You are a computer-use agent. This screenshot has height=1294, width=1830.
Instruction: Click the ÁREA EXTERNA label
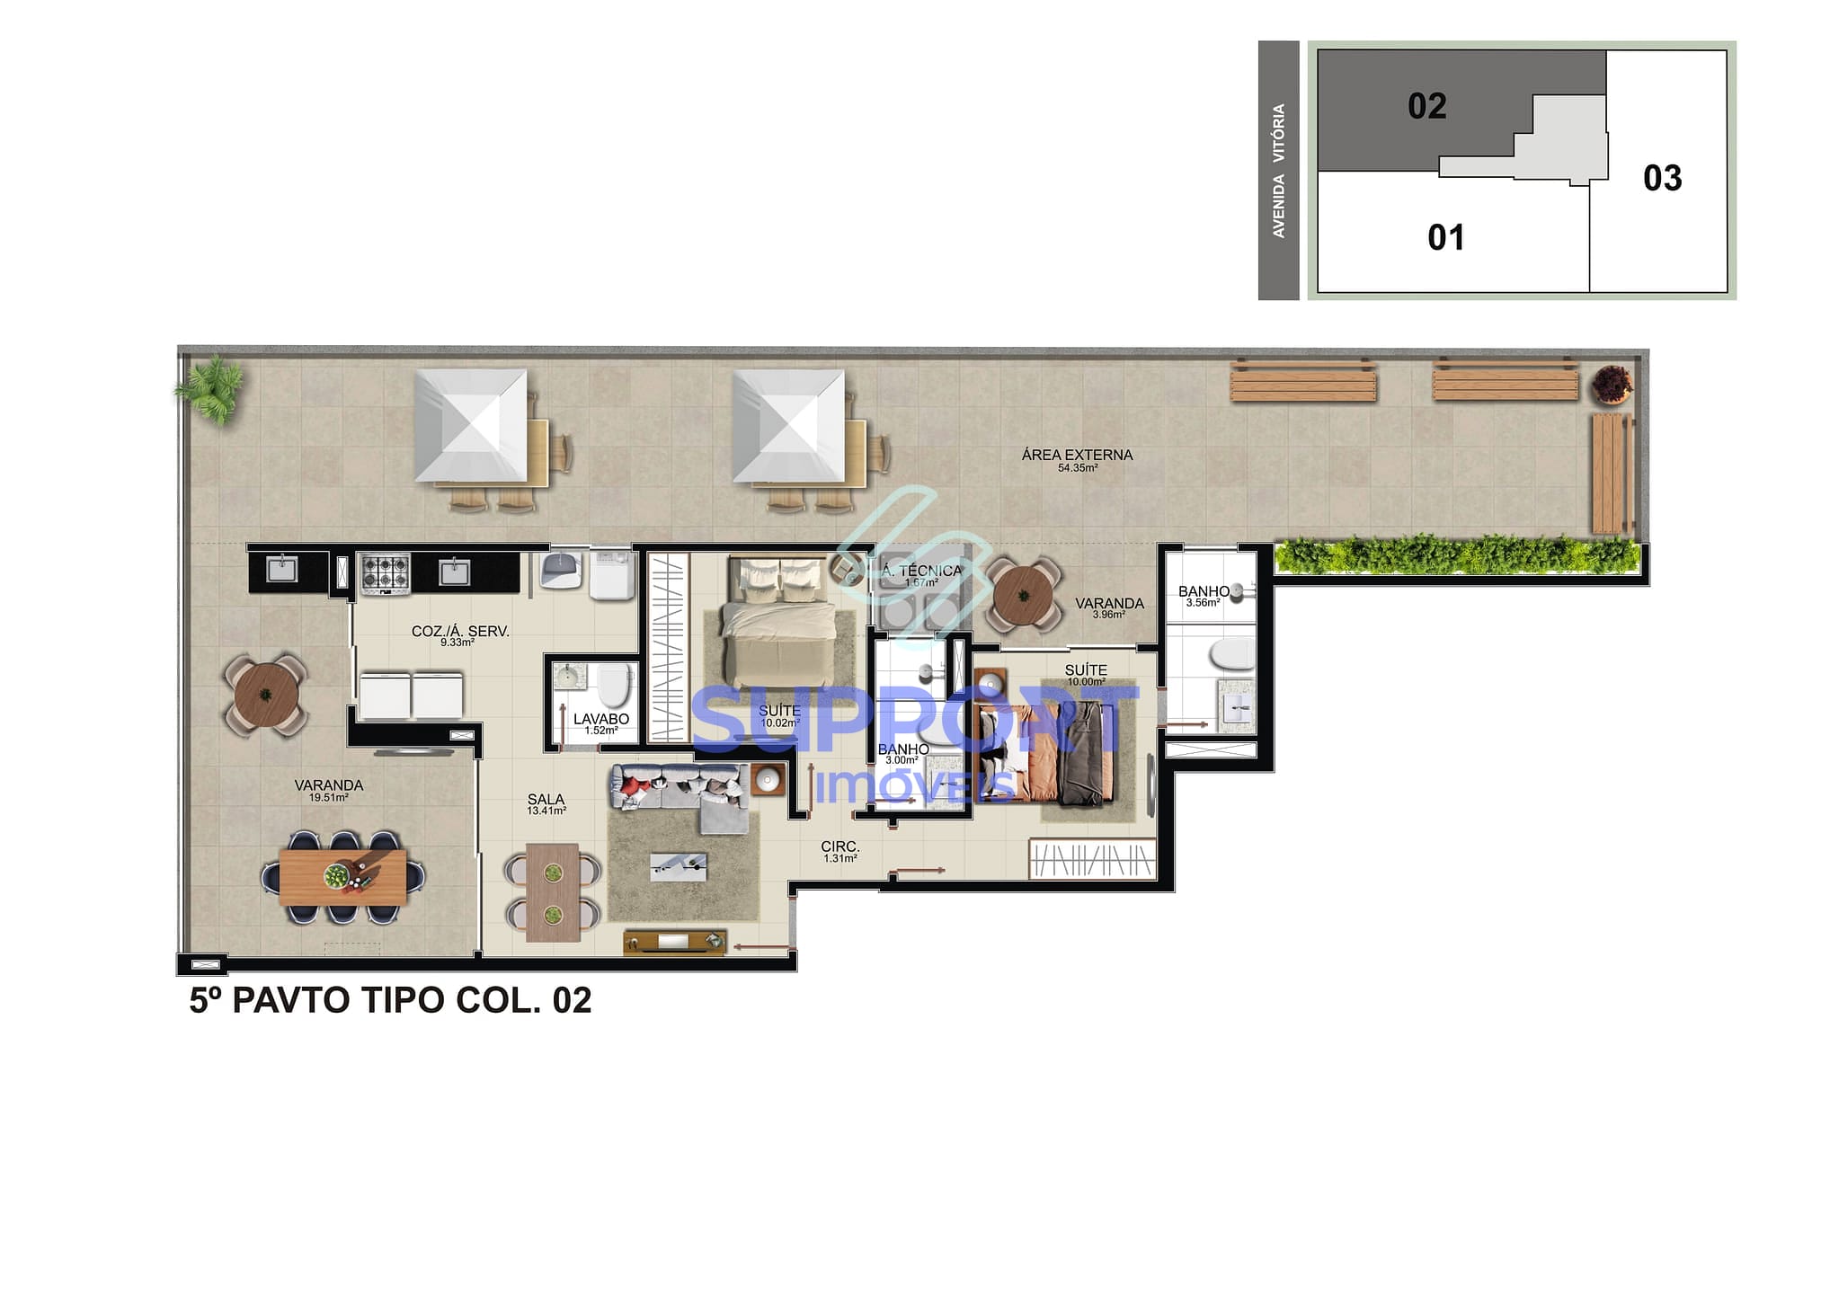pos(1077,455)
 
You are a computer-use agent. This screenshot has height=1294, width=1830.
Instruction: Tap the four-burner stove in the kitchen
pos(385,573)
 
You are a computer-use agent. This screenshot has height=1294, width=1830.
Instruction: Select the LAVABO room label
pos(601,719)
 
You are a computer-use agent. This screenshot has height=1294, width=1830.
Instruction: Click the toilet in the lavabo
pos(615,688)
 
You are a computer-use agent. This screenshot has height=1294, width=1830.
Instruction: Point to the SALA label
pos(546,799)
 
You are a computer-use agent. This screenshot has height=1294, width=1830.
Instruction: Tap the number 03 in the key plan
pos(1662,178)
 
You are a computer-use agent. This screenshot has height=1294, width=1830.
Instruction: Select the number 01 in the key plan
pos(1445,238)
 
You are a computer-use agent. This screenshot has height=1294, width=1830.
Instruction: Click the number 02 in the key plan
pos(1426,106)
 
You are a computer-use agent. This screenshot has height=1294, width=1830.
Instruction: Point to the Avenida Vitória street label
pos(1278,171)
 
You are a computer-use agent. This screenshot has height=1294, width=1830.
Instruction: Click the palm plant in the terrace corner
pos(210,388)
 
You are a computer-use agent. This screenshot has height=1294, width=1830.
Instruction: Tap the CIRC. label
pos(840,846)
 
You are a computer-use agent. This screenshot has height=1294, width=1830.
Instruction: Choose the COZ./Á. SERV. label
pos(460,631)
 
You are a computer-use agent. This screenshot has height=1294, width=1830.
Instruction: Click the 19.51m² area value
pos(328,797)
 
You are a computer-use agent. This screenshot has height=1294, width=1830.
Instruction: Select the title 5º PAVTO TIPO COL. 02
pos(390,1000)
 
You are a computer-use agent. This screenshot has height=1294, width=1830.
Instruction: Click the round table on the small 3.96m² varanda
pos(1023,595)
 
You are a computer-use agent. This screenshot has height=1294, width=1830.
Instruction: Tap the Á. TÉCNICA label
pos(921,571)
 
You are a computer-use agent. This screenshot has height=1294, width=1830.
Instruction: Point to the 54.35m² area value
pos(1077,468)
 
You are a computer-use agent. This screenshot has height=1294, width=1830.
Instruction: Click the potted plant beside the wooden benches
pos(1611,385)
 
